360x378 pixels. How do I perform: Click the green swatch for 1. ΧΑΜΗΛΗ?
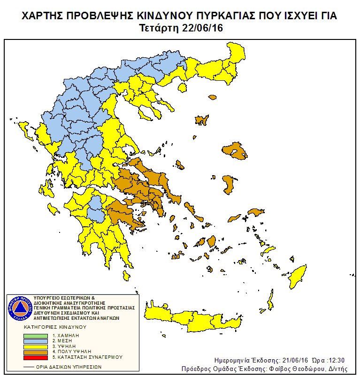36,336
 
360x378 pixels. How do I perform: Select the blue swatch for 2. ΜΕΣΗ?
36,341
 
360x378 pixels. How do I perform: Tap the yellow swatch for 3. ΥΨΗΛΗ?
36,346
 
